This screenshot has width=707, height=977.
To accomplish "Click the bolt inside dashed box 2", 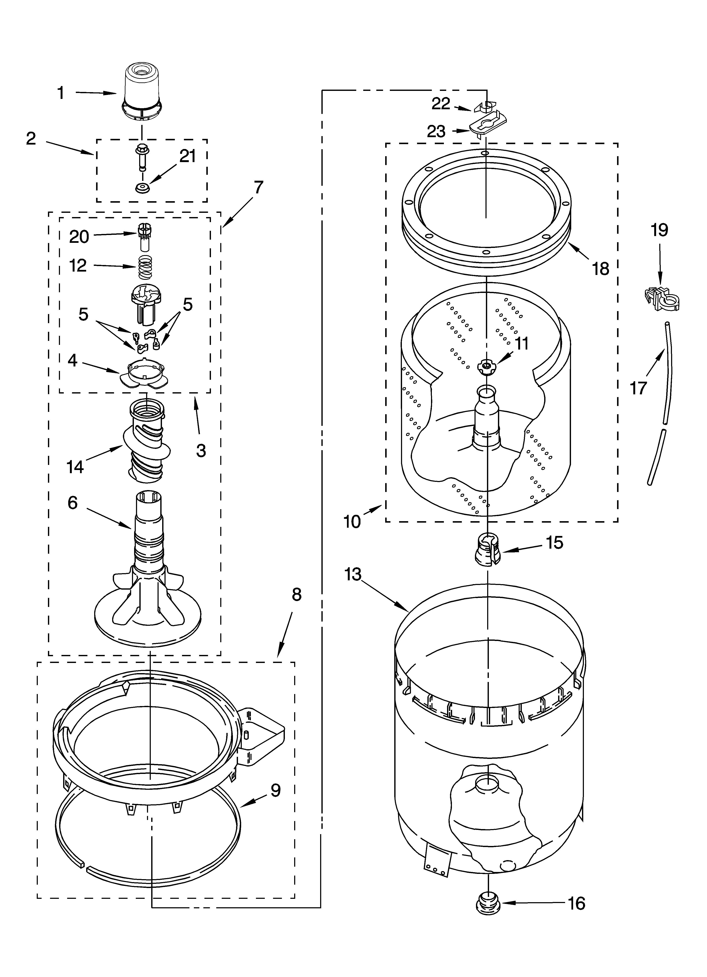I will [141, 157].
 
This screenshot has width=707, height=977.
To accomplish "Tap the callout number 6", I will [72, 502].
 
